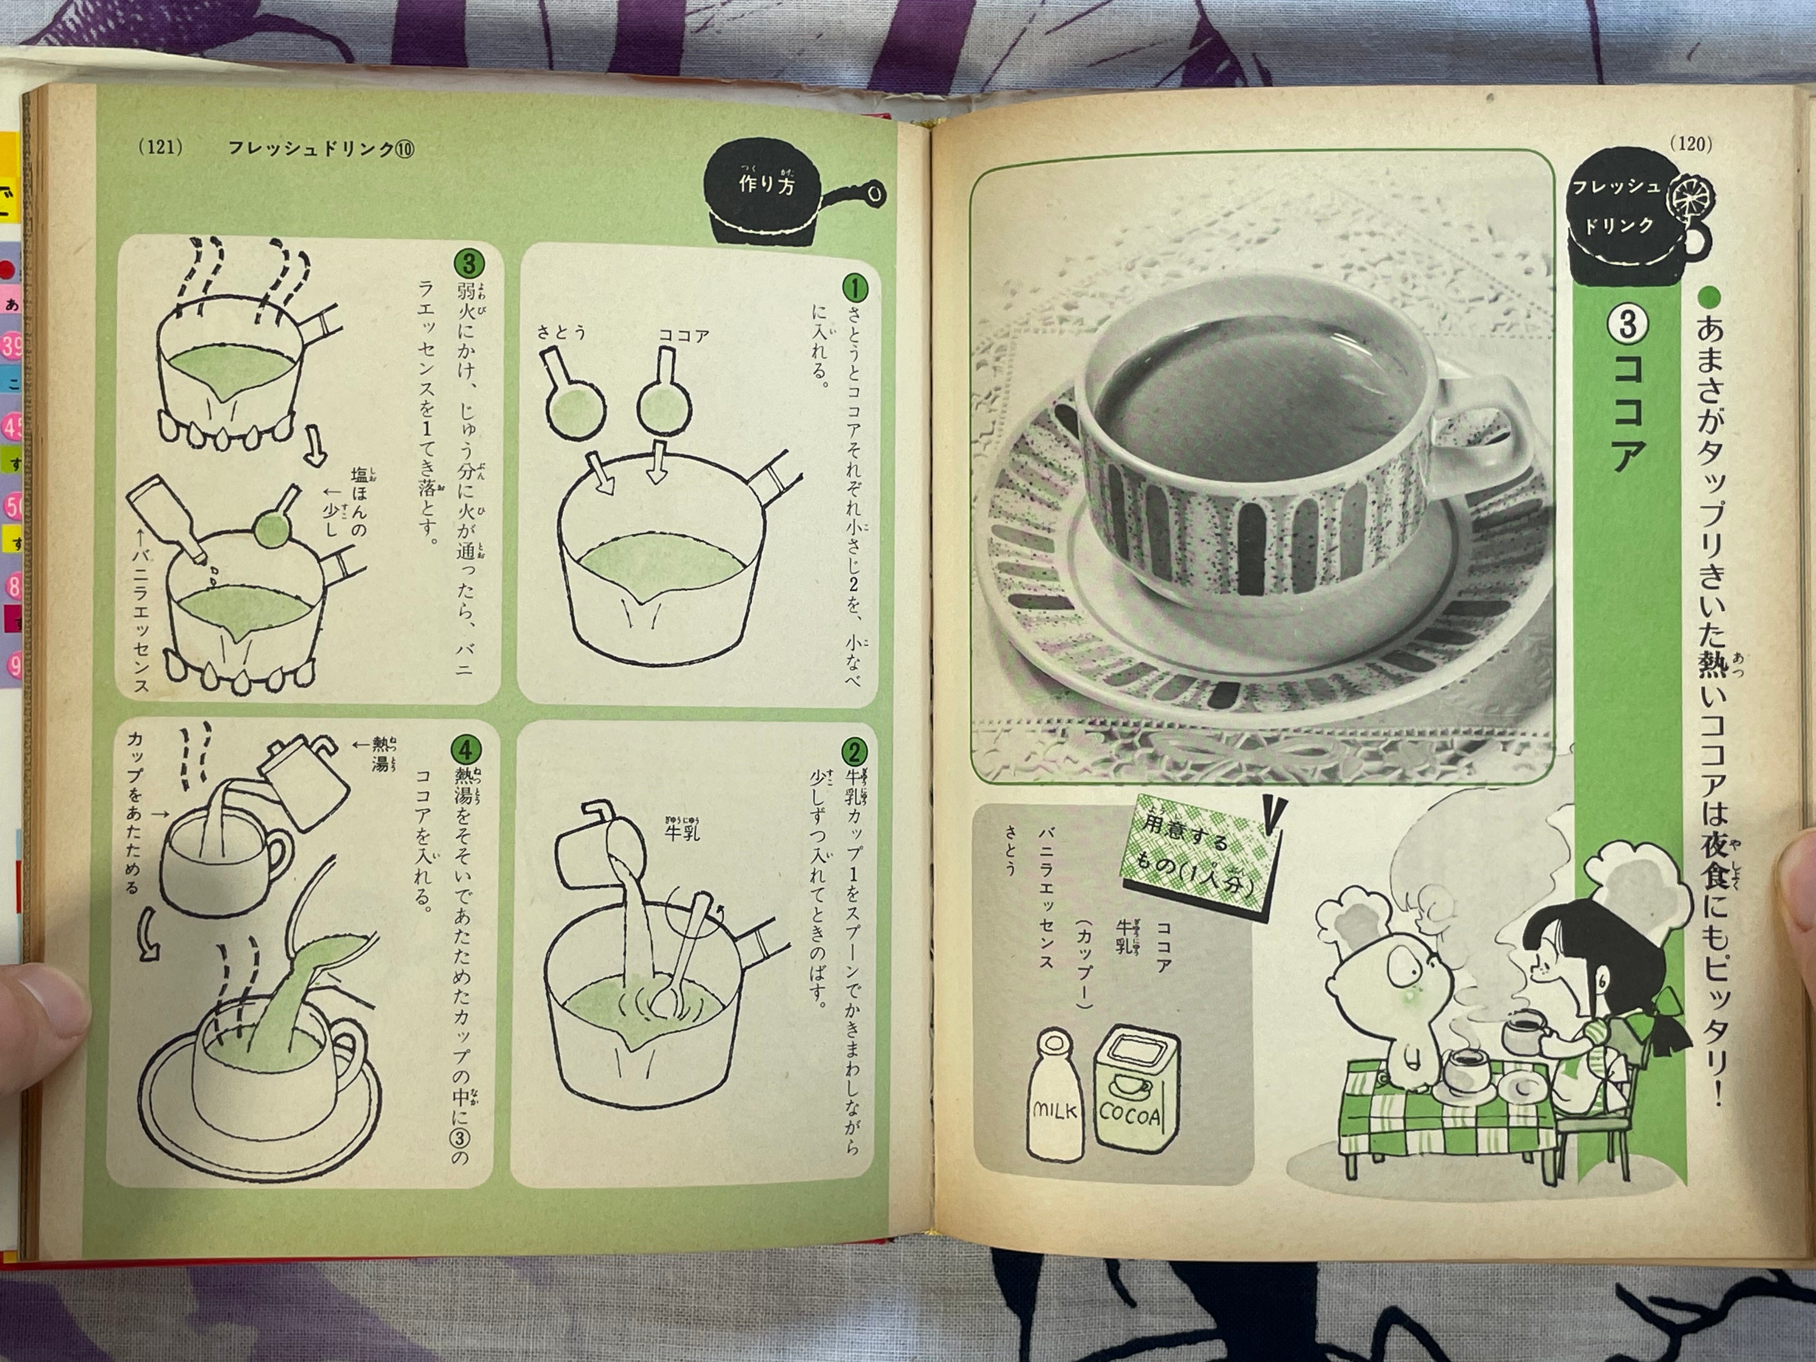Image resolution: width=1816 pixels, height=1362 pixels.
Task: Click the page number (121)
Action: coord(161,149)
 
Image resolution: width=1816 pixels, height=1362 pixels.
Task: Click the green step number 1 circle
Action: coord(855,288)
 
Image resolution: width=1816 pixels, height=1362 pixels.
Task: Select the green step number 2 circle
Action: coord(855,753)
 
